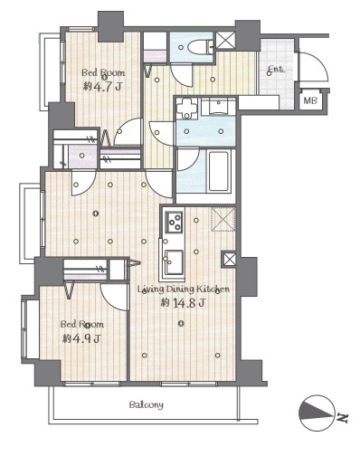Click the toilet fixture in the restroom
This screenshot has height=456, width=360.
[x=200, y=47]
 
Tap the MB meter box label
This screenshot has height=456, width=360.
[x=310, y=100]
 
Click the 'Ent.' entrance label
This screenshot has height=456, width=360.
[x=276, y=70]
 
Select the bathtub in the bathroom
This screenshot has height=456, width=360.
[x=218, y=171]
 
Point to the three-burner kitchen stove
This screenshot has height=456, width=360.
[x=175, y=222]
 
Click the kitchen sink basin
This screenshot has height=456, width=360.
[x=174, y=261]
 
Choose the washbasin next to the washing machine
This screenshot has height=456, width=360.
[x=219, y=107]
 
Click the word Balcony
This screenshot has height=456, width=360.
[x=147, y=404]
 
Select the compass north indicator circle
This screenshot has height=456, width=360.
[x=317, y=413]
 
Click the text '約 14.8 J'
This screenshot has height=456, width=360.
[x=184, y=302]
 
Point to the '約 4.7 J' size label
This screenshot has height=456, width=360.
[x=102, y=87]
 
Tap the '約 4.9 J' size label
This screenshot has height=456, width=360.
[x=81, y=339]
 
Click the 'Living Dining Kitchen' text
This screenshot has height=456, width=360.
[x=184, y=290]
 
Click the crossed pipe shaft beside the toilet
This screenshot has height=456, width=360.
[x=226, y=40]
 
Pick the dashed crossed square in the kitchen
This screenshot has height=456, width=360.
[x=223, y=219]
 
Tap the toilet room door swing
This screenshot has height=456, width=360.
[x=180, y=75]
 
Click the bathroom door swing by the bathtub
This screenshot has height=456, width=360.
[x=188, y=160]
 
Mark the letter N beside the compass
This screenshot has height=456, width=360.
[x=343, y=418]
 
